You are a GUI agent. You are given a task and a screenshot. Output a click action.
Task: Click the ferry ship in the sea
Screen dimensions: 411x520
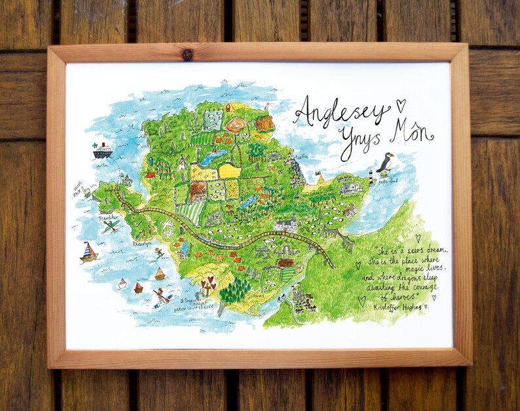coord(102,151)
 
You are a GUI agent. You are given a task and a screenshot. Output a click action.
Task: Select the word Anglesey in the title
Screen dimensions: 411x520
coord(340,113)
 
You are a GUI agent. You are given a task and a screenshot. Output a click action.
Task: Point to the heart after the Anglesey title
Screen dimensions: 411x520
coord(401,104)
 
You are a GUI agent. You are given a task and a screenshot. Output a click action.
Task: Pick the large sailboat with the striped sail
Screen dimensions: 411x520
coord(88,252)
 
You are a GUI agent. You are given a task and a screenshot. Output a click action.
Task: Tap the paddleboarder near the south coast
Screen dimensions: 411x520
coord(160,296)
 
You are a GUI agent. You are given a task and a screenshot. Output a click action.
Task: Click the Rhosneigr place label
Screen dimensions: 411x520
coord(143,244)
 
